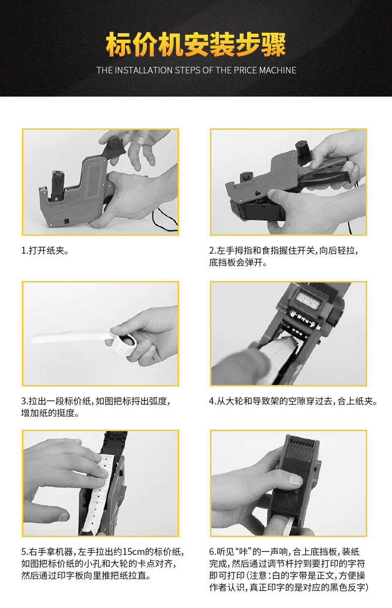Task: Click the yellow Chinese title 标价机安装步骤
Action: coord(196,44)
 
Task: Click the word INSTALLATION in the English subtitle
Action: coord(144,70)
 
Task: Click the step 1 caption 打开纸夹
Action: coord(47,250)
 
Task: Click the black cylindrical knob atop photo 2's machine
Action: coord(302,148)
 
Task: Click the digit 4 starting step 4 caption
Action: coord(211,401)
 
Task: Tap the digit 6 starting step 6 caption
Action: coord(211,552)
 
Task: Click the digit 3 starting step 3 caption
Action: coord(24,401)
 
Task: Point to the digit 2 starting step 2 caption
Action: coord(211,251)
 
